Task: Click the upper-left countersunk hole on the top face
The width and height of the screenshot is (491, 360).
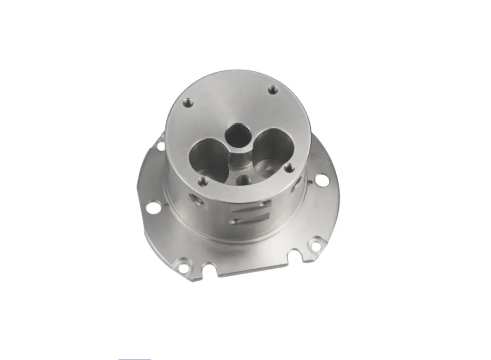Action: pyautogui.click(x=188, y=101)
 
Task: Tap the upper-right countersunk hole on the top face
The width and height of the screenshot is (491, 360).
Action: pyautogui.click(x=273, y=90)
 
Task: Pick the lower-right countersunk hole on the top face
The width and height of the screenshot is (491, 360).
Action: pyautogui.click(x=290, y=167)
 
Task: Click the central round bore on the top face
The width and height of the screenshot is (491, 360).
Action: pyautogui.click(x=238, y=134)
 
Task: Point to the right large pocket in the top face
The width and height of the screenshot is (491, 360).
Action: pyautogui.click(x=271, y=147)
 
